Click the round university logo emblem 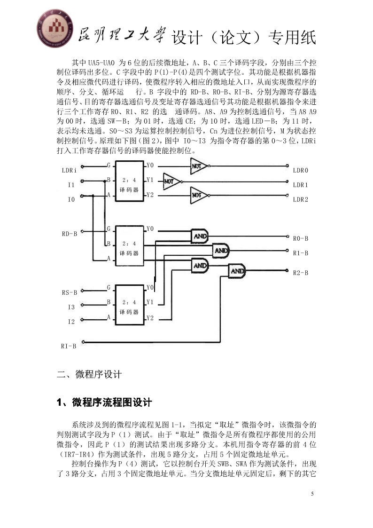click(x=55, y=28)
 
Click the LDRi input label click(x=69, y=170)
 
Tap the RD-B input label click(x=69, y=234)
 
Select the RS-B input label click(x=69, y=292)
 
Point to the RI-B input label click(x=69, y=346)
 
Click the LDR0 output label click(x=300, y=170)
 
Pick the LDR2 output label click(x=300, y=199)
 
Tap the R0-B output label click(x=300, y=238)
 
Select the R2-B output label click(x=300, y=273)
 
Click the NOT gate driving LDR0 click(x=200, y=165)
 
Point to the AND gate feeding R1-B click(x=221, y=251)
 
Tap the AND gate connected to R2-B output click(x=237, y=271)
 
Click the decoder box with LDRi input click(x=130, y=181)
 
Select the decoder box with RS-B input click(x=130, y=305)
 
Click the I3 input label click(x=71, y=307)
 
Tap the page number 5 click(x=312, y=494)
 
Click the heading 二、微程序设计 click(x=89, y=374)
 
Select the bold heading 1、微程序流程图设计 click(x=104, y=402)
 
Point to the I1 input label click(x=71, y=185)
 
